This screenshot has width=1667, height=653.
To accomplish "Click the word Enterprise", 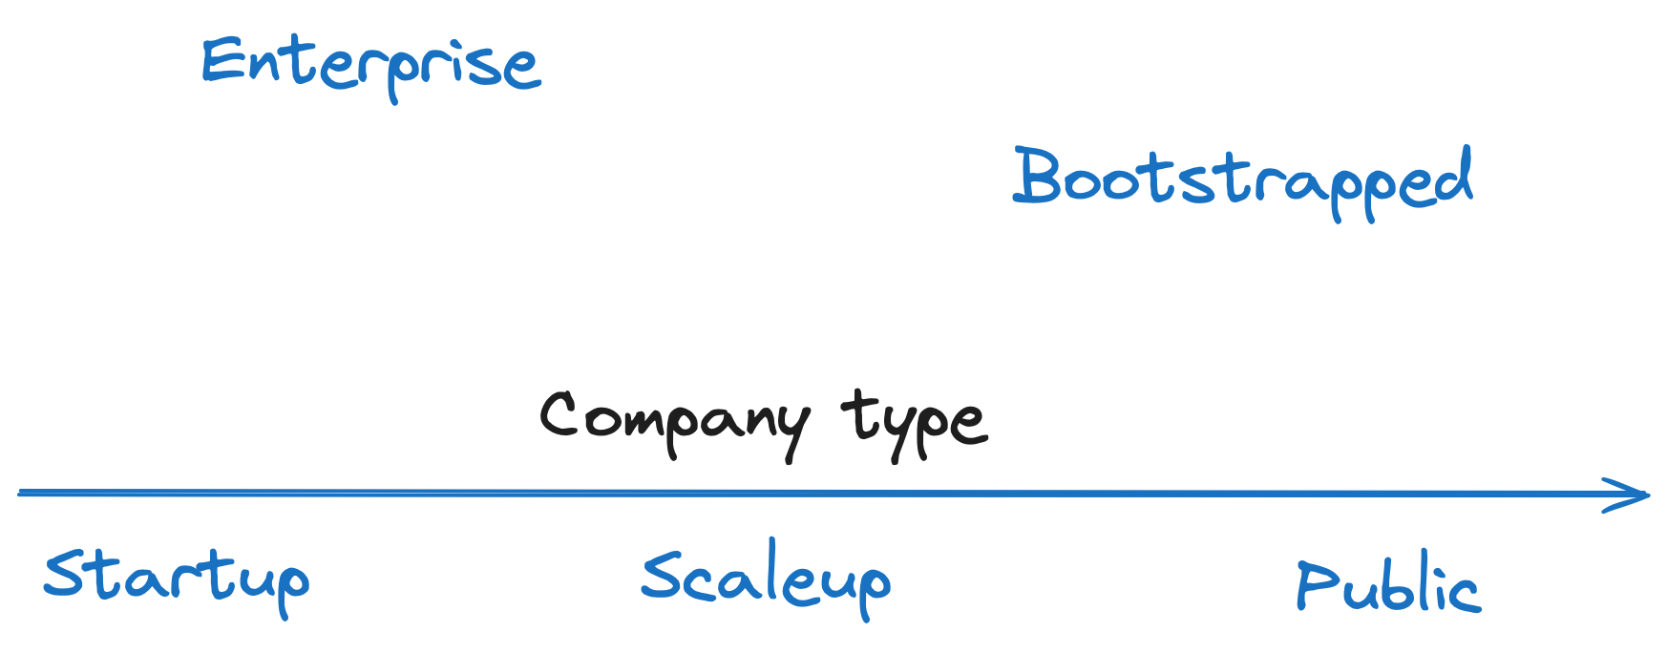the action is (x=370, y=65).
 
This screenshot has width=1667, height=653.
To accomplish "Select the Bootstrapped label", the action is (x=1242, y=179).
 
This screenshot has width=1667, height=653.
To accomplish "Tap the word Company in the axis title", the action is (x=674, y=420).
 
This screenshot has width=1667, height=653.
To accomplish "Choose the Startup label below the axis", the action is (x=177, y=578).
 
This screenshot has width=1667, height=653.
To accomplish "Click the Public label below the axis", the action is (x=1388, y=585).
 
